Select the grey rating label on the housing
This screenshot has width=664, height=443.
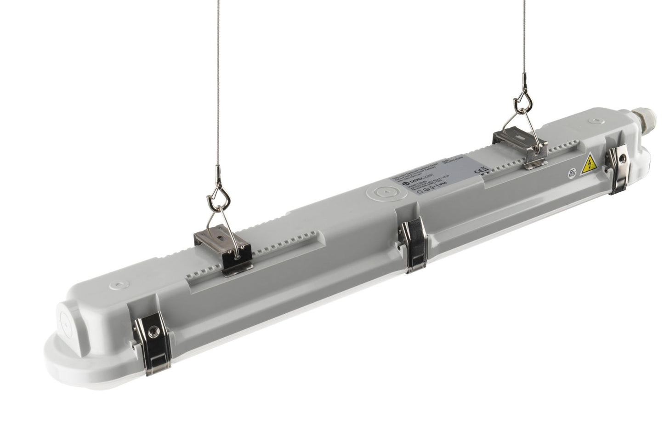tap(437, 177)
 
